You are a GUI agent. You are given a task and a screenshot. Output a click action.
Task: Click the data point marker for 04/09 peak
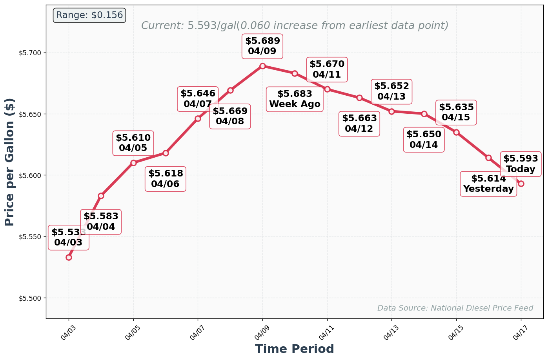coord(262,66)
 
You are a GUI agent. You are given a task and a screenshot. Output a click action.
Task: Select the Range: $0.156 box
coord(89,15)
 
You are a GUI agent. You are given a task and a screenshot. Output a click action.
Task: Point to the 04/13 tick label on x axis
coord(391,332)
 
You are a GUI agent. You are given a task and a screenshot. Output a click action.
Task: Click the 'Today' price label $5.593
coord(521,164)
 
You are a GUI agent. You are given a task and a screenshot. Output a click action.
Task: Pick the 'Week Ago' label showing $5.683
coord(295,99)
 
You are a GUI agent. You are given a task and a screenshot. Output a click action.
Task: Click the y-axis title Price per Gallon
coord(10,162)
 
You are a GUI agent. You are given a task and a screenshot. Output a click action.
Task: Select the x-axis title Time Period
coord(294,349)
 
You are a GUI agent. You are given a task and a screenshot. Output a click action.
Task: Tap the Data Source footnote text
coord(455,308)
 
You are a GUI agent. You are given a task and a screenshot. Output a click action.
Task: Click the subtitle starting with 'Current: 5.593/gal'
coord(295,26)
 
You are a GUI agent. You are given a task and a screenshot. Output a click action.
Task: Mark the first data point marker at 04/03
coord(69,257)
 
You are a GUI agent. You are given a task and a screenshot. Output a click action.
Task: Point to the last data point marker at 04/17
coord(521,184)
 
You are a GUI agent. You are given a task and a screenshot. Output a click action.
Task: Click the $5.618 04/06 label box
coord(166,179)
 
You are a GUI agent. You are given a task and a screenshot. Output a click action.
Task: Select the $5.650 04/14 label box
coord(424,140)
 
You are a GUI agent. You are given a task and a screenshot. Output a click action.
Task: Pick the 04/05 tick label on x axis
coord(133,332)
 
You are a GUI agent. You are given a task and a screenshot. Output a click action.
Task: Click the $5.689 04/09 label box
coord(262,46)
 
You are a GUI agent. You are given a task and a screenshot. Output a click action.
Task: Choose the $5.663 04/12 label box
coord(359,124)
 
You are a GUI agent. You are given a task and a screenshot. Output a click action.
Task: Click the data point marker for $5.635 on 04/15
coord(456,132)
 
